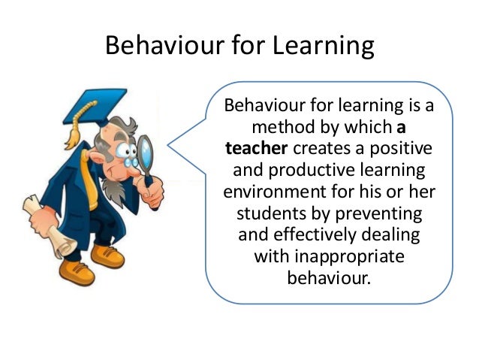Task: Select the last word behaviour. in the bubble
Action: [329, 279]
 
